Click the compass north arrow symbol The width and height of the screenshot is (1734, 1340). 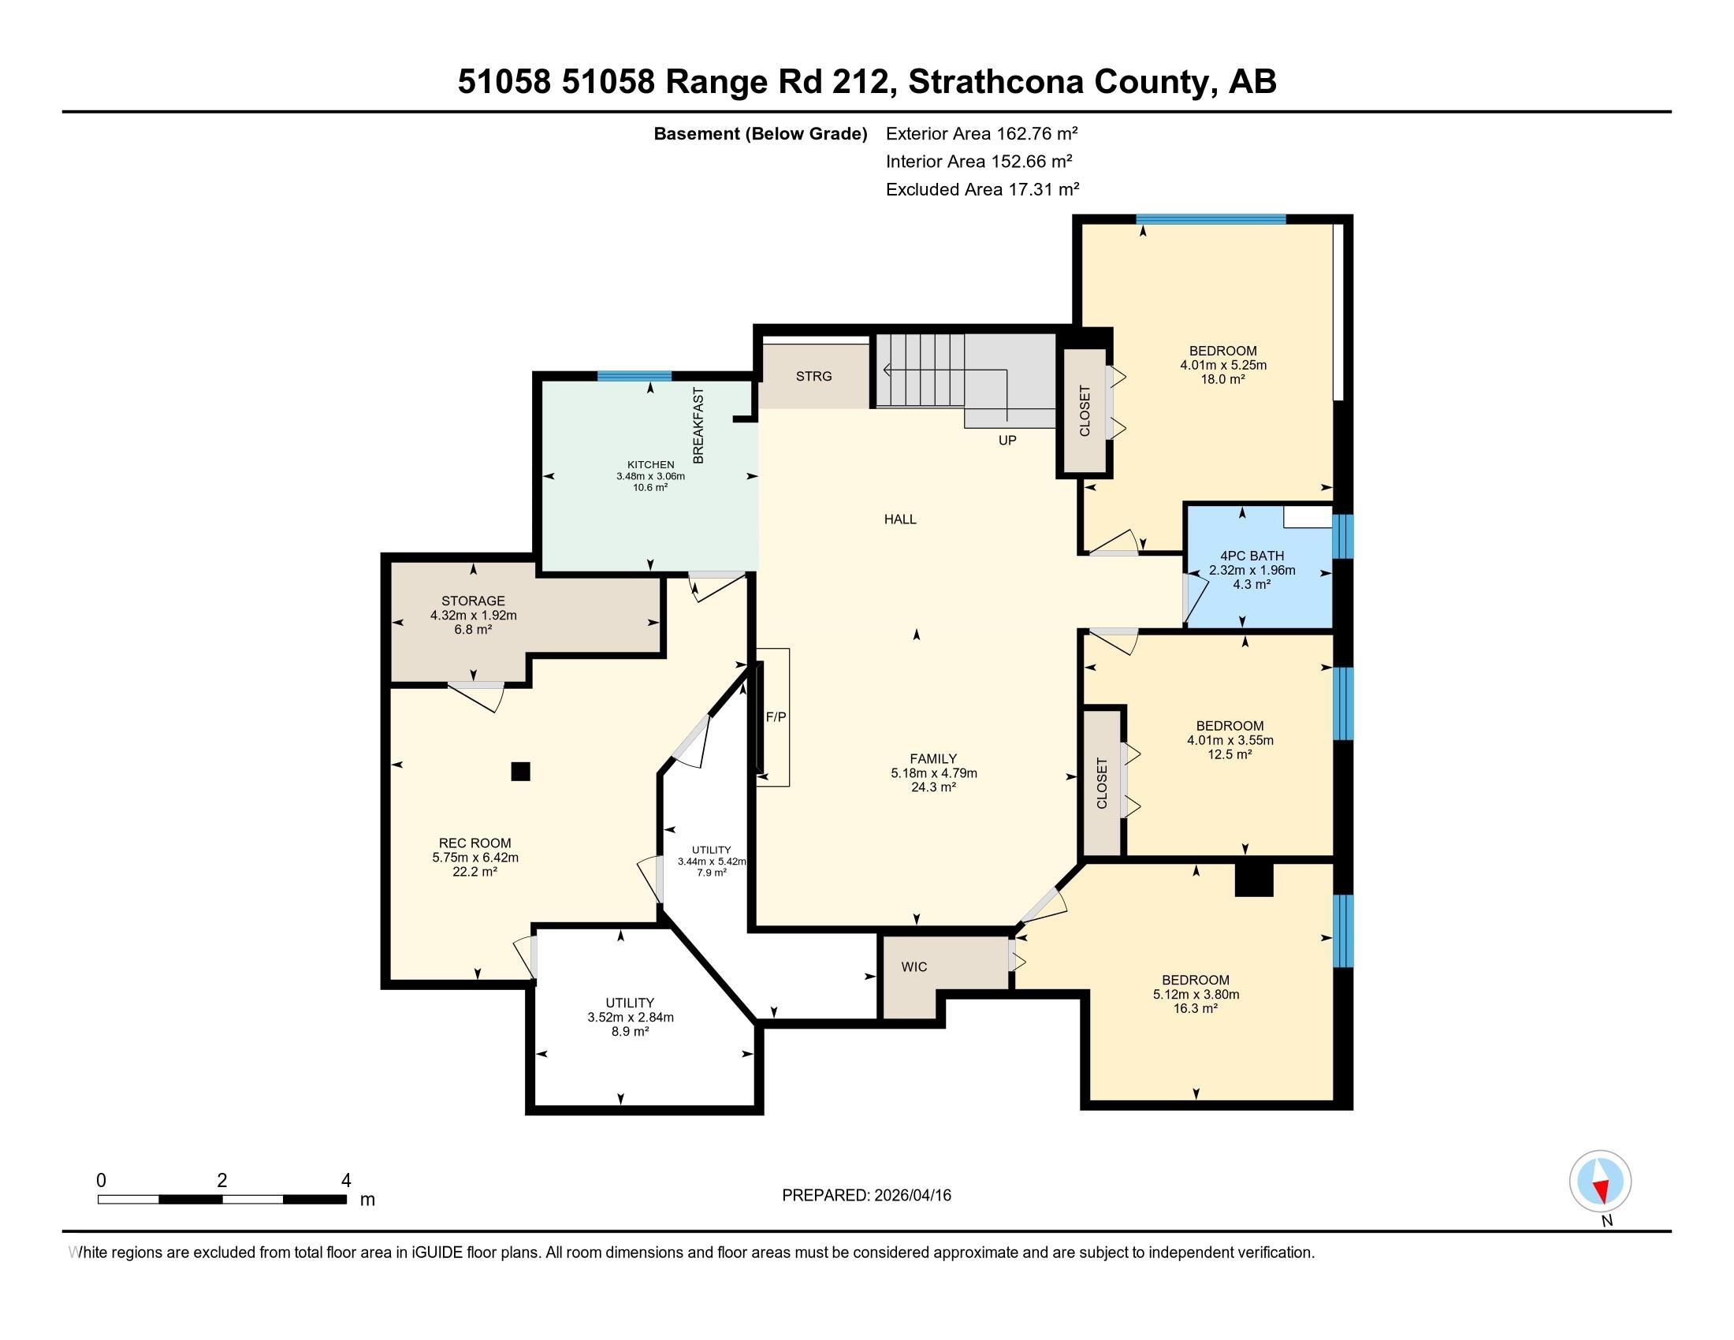[x=1600, y=1182]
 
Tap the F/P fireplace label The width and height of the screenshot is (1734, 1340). [x=776, y=717]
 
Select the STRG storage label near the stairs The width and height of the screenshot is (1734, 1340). [x=814, y=376]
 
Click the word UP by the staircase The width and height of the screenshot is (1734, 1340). [x=1007, y=440]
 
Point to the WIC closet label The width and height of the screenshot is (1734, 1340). [x=914, y=967]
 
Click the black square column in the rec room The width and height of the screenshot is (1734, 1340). [x=520, y=771]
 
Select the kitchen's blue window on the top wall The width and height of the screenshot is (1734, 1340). [x=634, y=376]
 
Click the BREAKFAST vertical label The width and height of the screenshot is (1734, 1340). [x=698, y=426]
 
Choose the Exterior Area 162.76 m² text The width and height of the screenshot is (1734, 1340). [x=981, y=133]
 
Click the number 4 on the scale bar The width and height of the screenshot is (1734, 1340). [x=345, y=1181]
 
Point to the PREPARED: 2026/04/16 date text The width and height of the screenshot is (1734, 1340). [x=866, y=1196]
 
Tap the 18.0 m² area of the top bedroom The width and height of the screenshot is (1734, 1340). [x=1222, y=379]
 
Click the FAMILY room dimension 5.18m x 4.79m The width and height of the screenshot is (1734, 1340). [x=934, y=773]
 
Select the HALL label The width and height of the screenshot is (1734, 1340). [x=900, y=519]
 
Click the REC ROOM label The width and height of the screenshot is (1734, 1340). [x=474, y=843]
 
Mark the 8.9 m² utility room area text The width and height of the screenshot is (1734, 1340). [x=631, y=1031]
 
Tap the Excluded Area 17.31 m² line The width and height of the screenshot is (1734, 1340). [x=982, y=189]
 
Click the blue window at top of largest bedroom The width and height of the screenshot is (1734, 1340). [x=1210, y=220]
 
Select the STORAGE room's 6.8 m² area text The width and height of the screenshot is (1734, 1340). [x=473, y=630]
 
